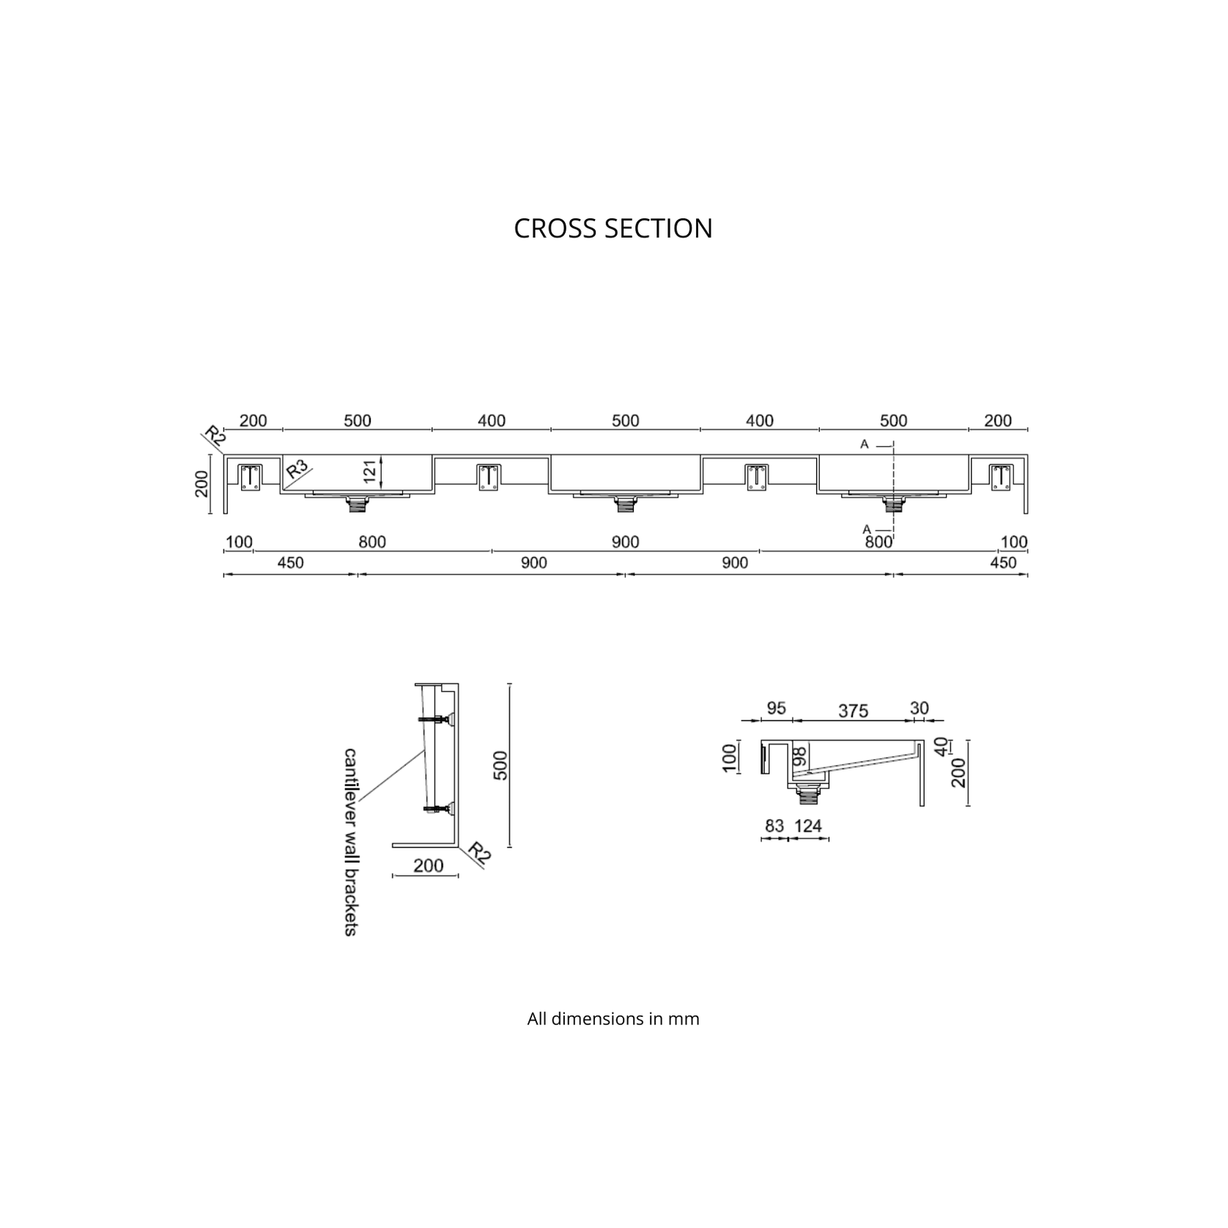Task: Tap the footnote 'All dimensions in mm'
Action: pos(613,1018)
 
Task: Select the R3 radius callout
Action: pos(297,469)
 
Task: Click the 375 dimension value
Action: pos(853,711)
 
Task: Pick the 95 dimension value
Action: pos(776,709)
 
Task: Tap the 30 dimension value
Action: pos(919,709)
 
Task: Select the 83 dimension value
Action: pos(774,826)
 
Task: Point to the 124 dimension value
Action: pos(808,826)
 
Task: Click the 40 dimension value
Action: pos(942,746)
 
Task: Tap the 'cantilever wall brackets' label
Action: pos(350,841)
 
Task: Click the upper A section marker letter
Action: pos(865,444)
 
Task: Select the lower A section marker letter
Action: pos(866,529)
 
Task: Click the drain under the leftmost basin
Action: pos(358,504)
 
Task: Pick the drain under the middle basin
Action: pos(626,504)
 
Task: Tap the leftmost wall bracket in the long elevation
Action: pos(251,477)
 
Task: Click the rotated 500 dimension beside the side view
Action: pos(500,765)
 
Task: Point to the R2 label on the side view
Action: pos(478,853)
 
